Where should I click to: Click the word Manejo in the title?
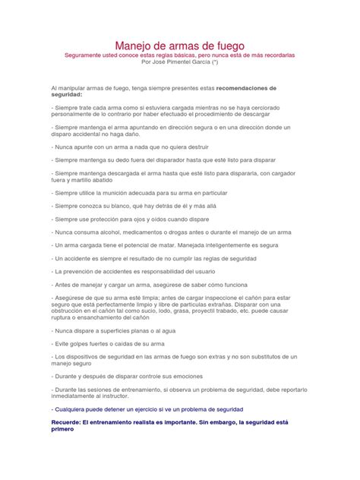click(x=134, y=46)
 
